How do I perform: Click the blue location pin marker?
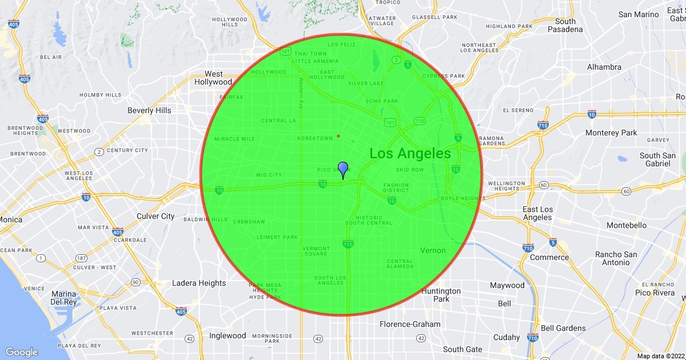coord(343,170)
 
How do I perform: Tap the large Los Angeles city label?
coord(410,153)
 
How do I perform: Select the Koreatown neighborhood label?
coord(315,138)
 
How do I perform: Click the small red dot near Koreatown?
coord(338,136)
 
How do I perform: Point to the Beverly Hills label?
coord(149,110)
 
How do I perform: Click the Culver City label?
coord(155,216)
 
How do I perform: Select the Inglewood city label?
coord(228,335)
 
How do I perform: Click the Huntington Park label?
coord(441,295)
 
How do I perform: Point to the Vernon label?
coord(433,250)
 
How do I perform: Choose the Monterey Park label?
coord(611,133)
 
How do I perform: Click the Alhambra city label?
coord(604,67)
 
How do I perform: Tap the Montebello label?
coord(626,225)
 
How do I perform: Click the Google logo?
coord(22,352)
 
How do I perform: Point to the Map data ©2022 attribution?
coord(660,356)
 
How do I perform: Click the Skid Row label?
coord(410,170)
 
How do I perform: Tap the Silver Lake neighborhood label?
coord(366,83)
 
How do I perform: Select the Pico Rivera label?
coord(655,293)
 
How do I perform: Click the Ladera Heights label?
coord(199,283)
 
